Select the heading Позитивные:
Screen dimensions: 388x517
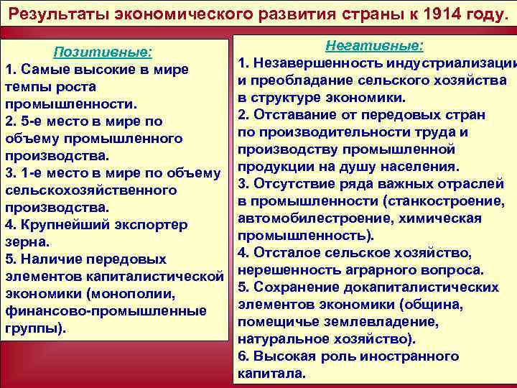coord(103,52)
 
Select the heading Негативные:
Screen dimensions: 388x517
coord(374,46)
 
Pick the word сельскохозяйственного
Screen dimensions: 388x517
coord(91,190)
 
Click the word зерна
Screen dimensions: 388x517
coord(26,242)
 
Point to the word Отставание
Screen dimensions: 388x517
coord(294,115)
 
